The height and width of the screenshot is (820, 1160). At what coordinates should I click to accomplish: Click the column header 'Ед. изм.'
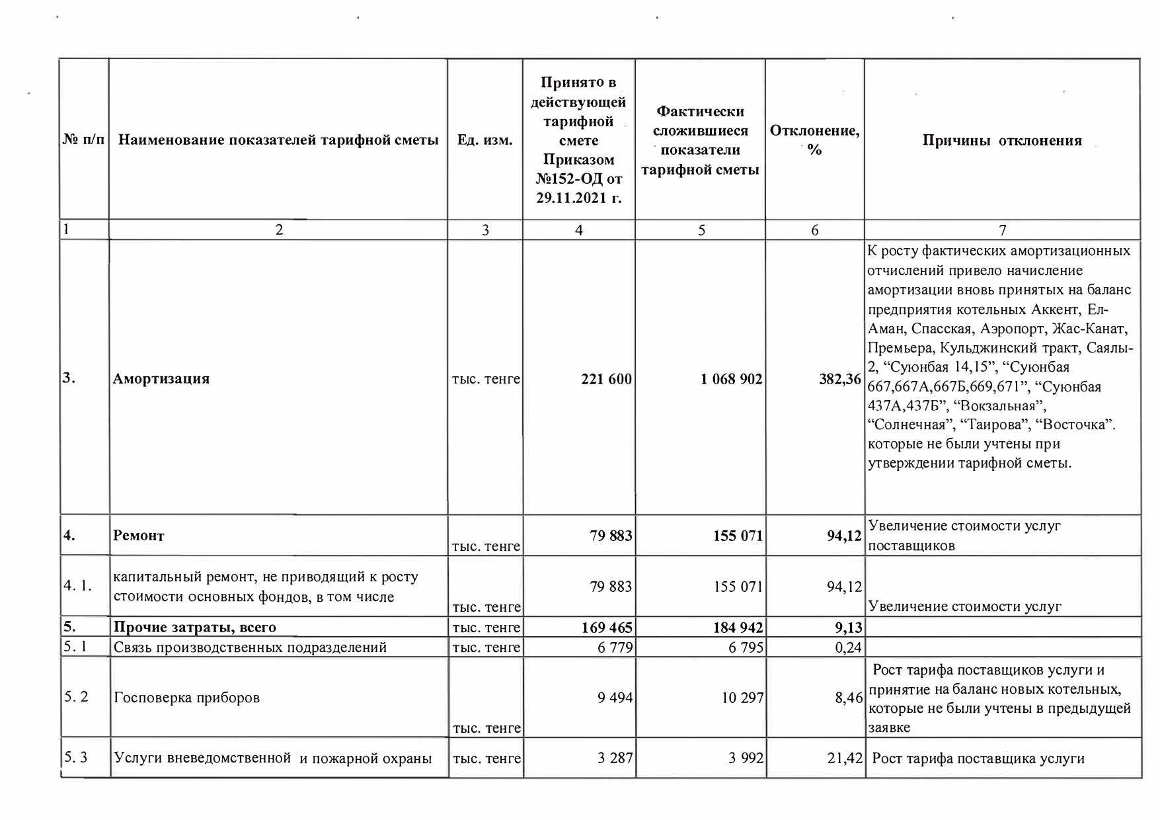coord(485,141)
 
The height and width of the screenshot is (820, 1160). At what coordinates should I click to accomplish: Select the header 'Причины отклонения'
coord(1002,141)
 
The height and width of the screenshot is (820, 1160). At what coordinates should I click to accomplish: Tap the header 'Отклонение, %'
coord(814,140)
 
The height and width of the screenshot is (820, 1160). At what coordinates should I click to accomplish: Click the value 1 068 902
coord(732,380)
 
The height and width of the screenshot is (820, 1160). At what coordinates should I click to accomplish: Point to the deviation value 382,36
coord(840,380)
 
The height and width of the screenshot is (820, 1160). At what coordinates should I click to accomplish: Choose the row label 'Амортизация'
coord(161,379)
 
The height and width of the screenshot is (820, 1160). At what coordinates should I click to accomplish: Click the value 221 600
coord(606,380)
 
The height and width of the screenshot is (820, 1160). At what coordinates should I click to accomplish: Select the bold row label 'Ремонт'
coord(139,536)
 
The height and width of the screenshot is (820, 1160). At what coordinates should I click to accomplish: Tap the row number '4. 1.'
coord(77,587)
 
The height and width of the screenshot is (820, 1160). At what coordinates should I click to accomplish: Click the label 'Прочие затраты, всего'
coord(195,628)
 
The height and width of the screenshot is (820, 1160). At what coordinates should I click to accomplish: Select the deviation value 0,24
coord(848,647)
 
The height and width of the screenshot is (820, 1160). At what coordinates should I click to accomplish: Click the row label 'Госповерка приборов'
coord(187,698)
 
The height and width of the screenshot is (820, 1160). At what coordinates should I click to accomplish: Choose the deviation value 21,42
coord(845,758)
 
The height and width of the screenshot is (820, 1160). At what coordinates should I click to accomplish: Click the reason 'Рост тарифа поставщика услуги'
coord(978,758)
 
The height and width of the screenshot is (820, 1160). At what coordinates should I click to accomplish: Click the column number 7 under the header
coord(1003,230)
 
